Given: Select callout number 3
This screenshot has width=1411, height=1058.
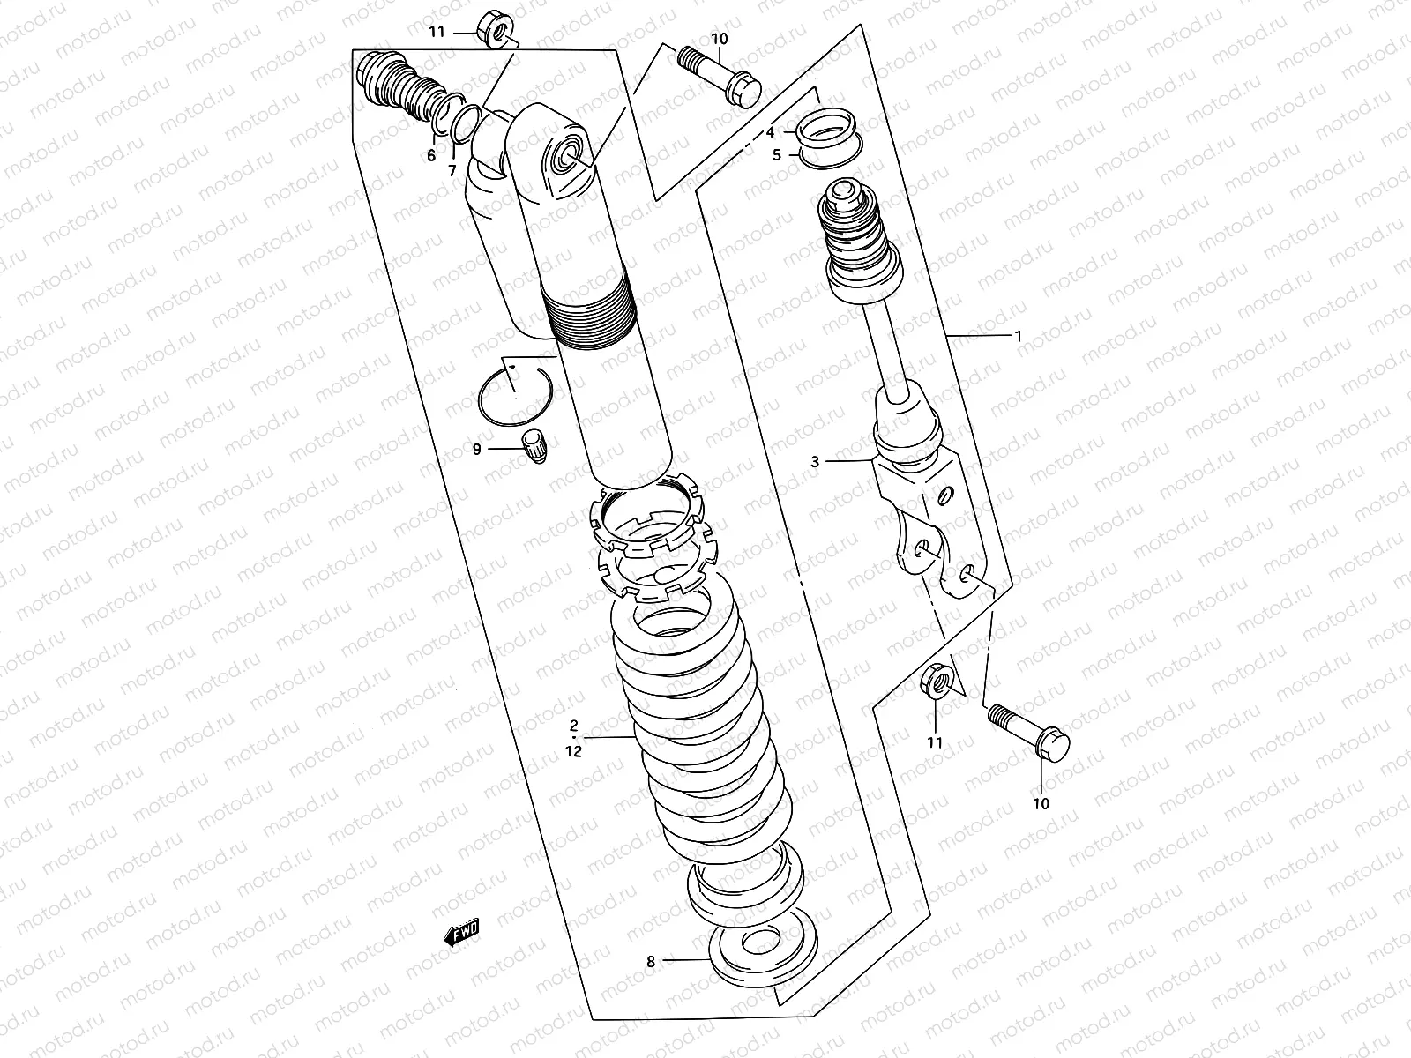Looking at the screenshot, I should (815, 461).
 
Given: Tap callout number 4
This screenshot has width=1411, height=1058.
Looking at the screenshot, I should (770, 132).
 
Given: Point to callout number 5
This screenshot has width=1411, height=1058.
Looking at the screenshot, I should (777, 155).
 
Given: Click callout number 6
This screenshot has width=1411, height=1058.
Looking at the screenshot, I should (431, 156).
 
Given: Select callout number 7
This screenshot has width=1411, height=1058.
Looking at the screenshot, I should (452, 170).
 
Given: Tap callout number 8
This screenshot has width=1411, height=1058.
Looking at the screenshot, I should (651, 962).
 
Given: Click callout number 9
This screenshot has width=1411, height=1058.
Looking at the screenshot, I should (477, 449).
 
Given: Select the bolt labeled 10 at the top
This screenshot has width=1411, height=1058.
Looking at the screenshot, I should (716, 74).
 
